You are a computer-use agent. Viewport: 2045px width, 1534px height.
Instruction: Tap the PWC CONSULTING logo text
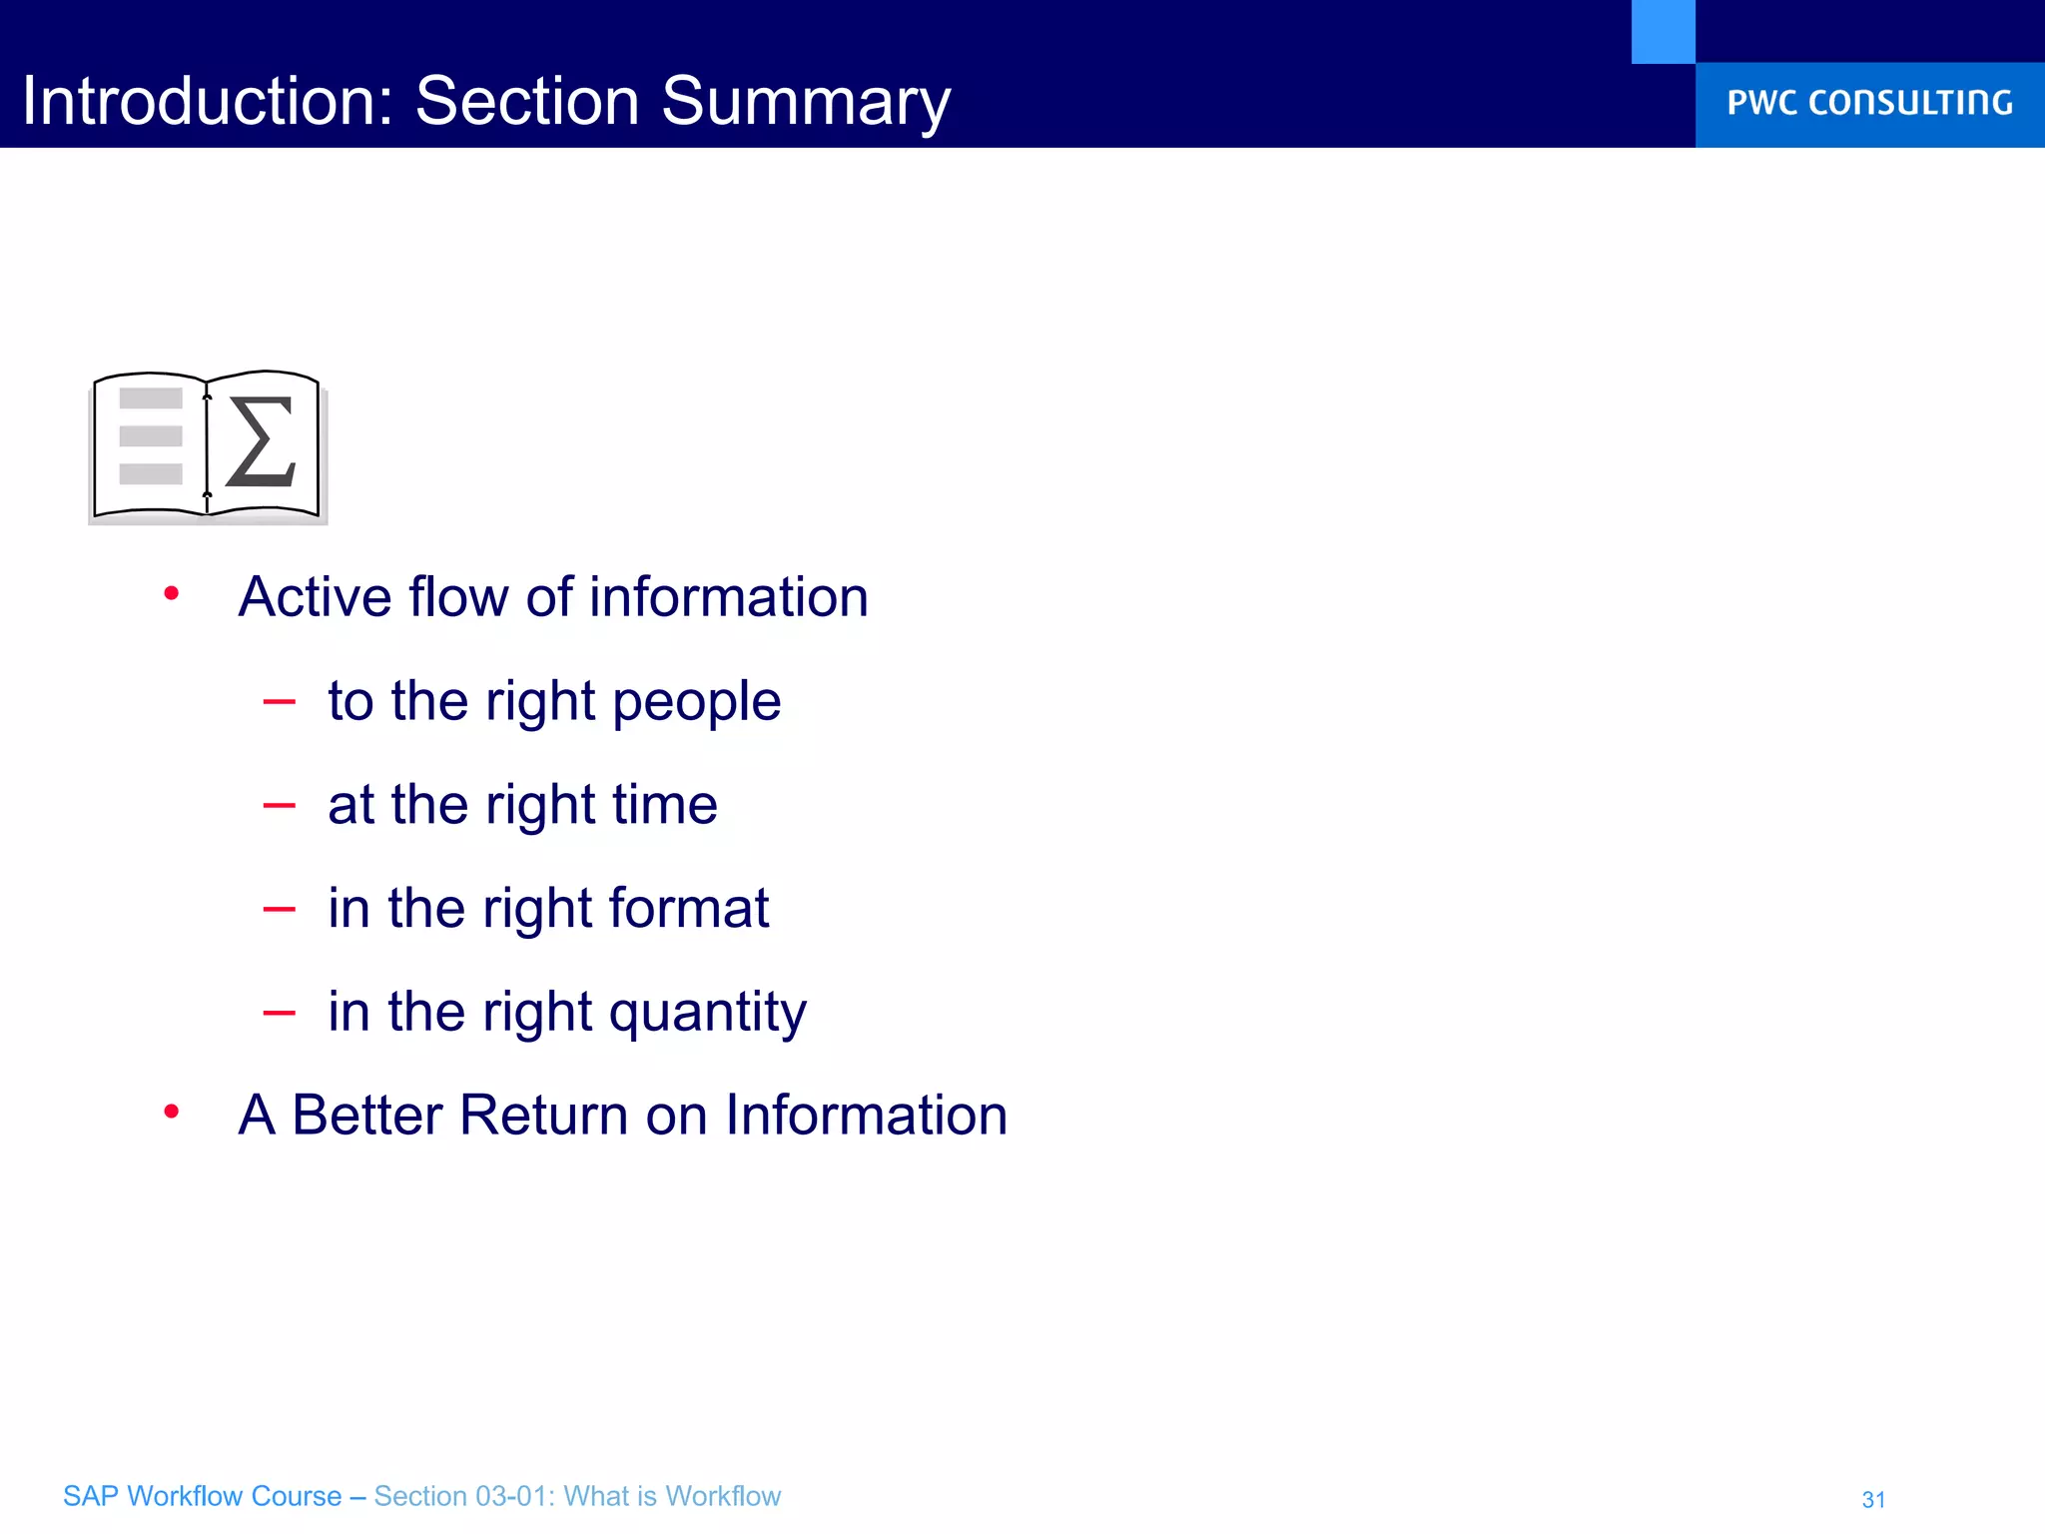1869,103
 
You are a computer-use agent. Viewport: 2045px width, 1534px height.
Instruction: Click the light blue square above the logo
1663,31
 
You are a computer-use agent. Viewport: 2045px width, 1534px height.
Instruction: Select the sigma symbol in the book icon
262,441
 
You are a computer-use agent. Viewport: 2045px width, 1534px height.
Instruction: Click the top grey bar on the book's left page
151,398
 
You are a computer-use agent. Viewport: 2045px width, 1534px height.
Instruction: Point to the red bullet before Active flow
172,594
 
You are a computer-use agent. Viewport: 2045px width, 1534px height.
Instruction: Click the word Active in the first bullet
315,597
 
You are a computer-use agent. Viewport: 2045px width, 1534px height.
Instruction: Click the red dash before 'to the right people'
279,703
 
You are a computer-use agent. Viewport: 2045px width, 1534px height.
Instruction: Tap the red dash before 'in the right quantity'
279,1014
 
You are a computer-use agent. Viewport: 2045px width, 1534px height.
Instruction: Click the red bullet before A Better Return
172,1112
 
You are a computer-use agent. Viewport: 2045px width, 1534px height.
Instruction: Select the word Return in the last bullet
543,1115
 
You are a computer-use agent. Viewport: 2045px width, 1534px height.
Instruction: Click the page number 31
1873,1499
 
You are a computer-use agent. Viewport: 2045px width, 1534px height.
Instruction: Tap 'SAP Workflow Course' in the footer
202,1496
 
